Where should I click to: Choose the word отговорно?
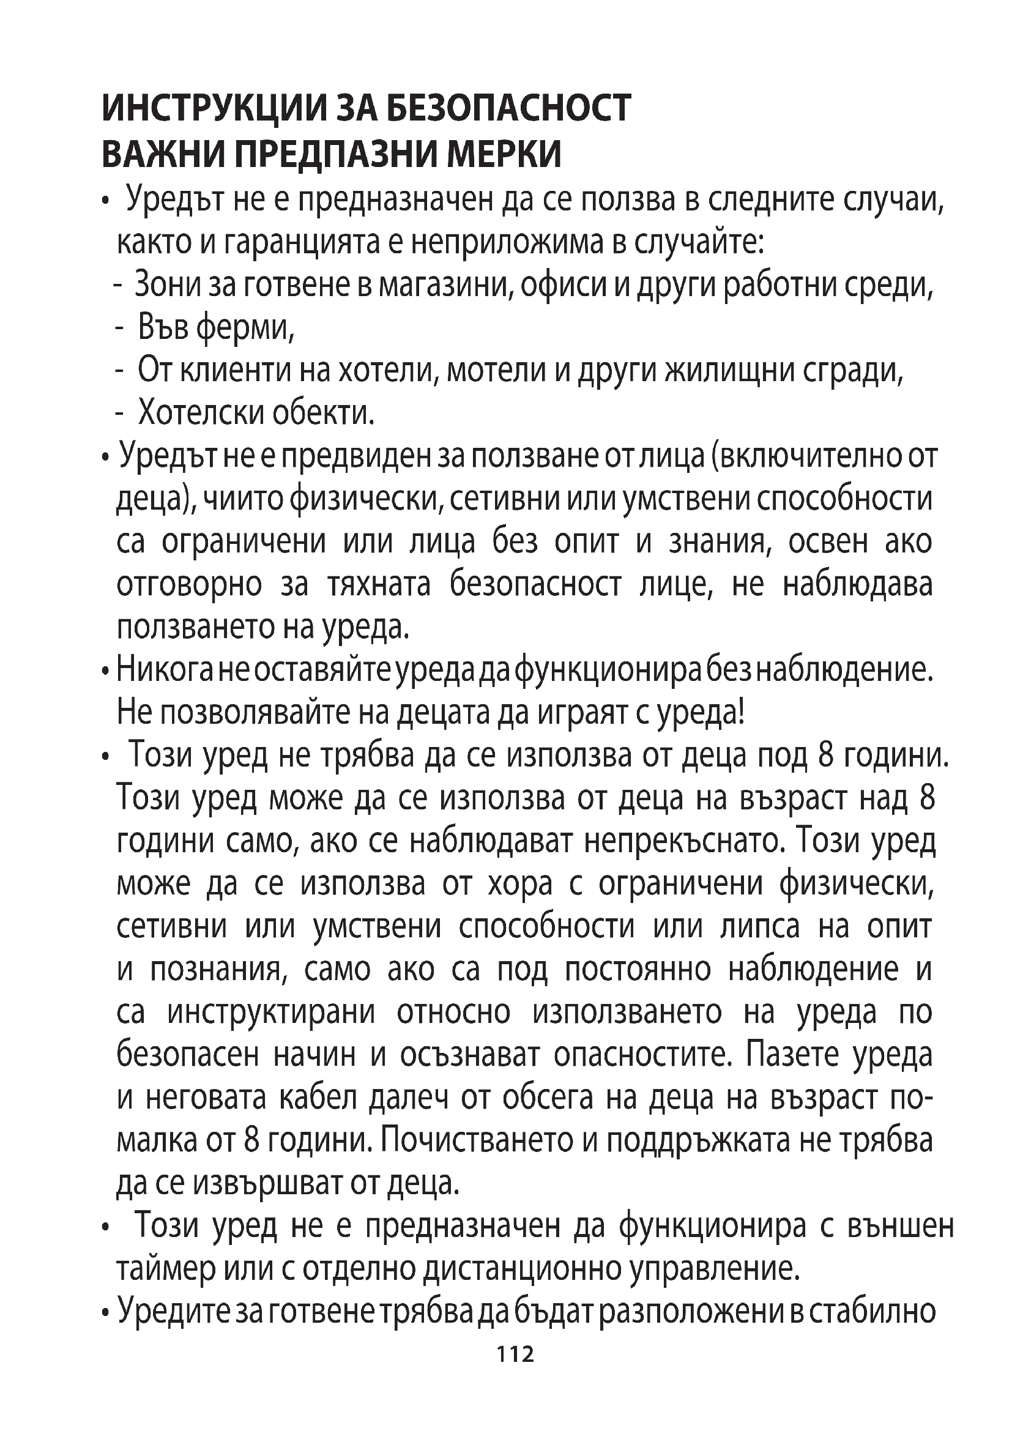189,585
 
